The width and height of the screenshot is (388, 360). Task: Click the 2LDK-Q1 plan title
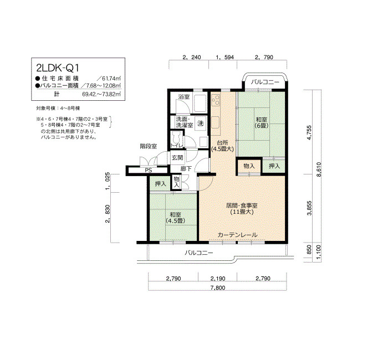tap(58, 68)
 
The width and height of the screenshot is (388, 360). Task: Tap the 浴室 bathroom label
tap(184, 97)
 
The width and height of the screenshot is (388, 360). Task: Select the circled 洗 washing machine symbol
tap(201, 123)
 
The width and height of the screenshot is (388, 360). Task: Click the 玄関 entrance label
tap(177, 157)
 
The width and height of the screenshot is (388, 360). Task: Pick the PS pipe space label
tap(149, 171)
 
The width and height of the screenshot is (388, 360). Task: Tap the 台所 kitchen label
tap(222, 143)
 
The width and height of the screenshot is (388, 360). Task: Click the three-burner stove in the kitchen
tap(216, 100)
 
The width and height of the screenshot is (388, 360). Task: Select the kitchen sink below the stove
tap(215, 122)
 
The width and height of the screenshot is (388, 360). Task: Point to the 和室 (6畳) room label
tap(262, 122)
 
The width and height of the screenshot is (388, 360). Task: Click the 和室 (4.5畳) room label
tap(175, 218)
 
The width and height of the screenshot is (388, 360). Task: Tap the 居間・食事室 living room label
tap(242, 205)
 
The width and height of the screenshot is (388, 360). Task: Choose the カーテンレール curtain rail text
tap(238, 235)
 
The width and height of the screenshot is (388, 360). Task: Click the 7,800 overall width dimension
tap(218, 287)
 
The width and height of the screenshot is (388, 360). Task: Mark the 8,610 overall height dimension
tap(319, 169)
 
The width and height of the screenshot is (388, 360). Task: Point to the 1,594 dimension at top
tap(224, 57)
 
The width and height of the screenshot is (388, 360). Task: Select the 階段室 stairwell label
tap(149, 146)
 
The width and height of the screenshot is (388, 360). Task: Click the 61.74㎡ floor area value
tap(111, 79)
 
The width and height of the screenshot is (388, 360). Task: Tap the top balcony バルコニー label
tap(265, 82)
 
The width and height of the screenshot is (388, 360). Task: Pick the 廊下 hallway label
tap(186, 168)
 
